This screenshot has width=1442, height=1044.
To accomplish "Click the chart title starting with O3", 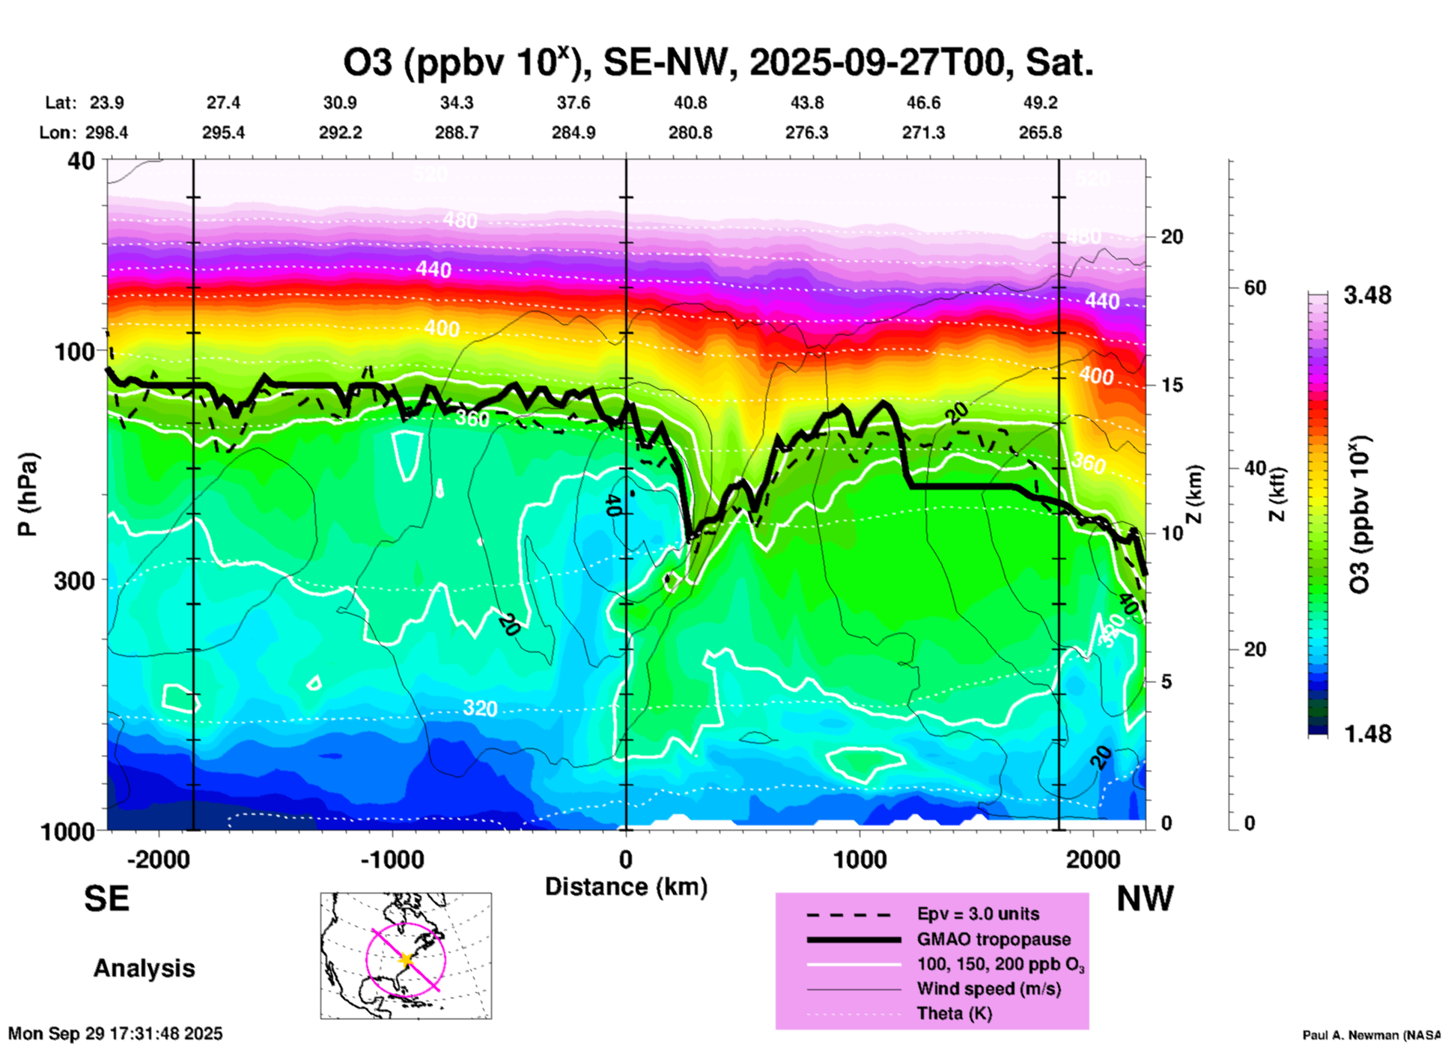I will click(718, 63).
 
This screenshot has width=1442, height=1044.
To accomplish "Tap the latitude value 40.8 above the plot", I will click(690, 103).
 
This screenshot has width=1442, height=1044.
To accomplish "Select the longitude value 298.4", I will click(106, 133).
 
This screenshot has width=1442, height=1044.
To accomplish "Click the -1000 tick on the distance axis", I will click(392, 860).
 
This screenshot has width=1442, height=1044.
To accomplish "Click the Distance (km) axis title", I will click(626, 887).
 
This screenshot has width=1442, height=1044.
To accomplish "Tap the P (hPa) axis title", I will click(28, 494).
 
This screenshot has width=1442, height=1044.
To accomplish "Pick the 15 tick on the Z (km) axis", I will click(1172, 385).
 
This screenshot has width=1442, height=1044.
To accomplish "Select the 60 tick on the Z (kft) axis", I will click(1255, 288).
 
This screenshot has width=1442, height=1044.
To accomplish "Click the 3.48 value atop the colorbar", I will click(1367, 296).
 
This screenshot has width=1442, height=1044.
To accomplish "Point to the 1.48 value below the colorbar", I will click(1367, 733).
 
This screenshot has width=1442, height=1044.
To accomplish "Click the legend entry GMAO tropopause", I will click(994, 939).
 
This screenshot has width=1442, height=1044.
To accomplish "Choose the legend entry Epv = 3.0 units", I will click(978, 914).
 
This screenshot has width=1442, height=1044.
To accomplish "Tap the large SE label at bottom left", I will click(106, 899).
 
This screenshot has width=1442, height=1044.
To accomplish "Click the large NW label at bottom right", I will click(1145, 899).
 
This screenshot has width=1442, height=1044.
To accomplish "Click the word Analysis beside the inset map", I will click(144, 968).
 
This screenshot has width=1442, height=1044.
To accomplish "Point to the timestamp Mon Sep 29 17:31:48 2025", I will click(115, 1034).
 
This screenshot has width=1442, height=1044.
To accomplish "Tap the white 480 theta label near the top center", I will click(460, 220).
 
